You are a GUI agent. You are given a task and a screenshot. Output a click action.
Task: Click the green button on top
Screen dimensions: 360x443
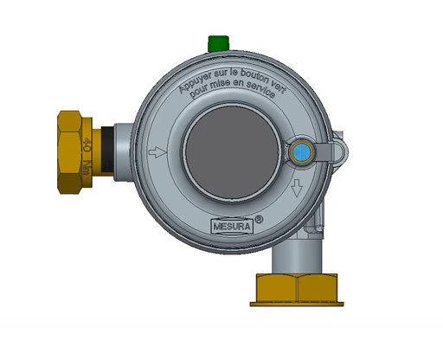pyautogui.click(x=217, y=42)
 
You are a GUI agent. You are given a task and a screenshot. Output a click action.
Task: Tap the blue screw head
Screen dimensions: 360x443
pyautogui.click(x=302, y=153)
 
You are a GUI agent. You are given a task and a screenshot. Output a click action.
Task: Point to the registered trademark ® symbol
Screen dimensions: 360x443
pyautogui.click(x=259, y=222)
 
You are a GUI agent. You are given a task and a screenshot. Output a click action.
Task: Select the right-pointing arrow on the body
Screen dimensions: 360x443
pyautogui.click(x=157, y=153)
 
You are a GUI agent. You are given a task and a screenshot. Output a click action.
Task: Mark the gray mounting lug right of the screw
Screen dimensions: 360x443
pyautogui.click(x=339, y=151)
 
